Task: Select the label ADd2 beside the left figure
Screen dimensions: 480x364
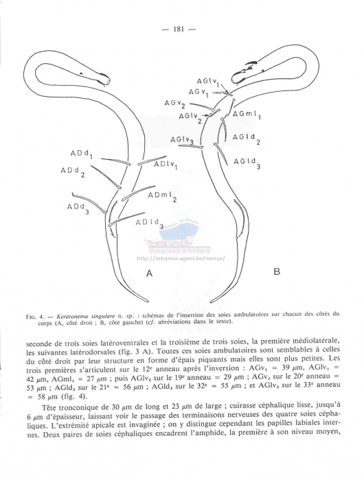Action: [x=73, y=171]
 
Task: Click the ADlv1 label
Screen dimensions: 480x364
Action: [x=166, y=166]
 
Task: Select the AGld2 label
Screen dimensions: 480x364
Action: [x=246, y=139]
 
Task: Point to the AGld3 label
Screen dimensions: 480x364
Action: [x=247, y=163]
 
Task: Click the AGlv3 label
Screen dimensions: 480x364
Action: [x=182, y=141]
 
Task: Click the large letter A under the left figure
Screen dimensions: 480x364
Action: [x=148, y=273]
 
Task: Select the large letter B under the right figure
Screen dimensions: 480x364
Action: [x=277, y=272]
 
